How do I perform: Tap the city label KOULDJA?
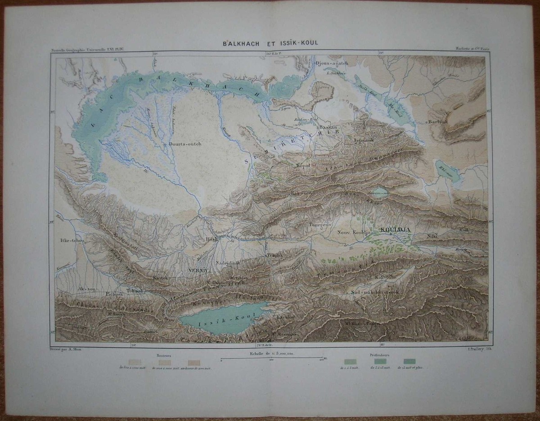(396, 230)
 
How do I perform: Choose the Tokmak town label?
(135, 291)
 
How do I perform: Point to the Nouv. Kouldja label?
(353, 232)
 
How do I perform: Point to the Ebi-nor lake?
(447, 171)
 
